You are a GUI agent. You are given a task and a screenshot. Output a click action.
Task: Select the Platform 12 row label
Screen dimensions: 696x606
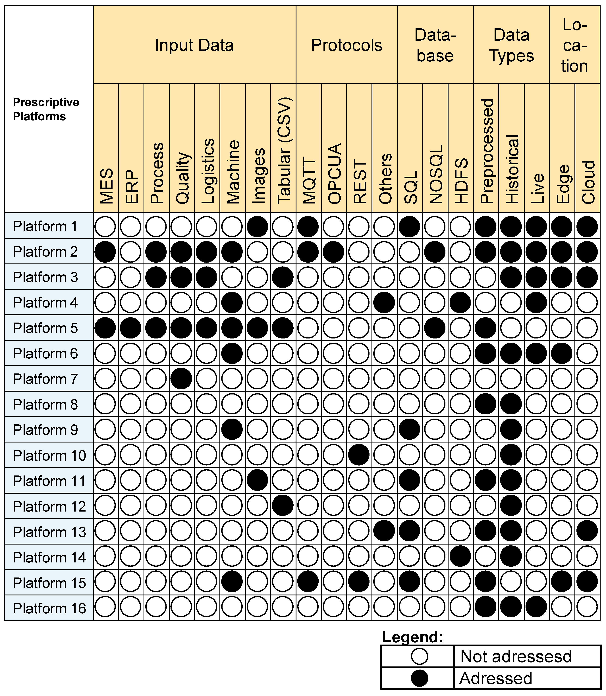(49, 506)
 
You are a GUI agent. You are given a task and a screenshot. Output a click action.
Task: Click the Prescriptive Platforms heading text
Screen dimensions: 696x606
(46, 109)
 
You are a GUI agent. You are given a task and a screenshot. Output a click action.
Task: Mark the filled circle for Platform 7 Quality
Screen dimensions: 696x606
(182, 379)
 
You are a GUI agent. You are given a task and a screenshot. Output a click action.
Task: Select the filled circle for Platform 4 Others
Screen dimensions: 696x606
(384, 302)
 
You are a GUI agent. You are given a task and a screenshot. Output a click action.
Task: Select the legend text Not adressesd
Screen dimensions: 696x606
(516, 656)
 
